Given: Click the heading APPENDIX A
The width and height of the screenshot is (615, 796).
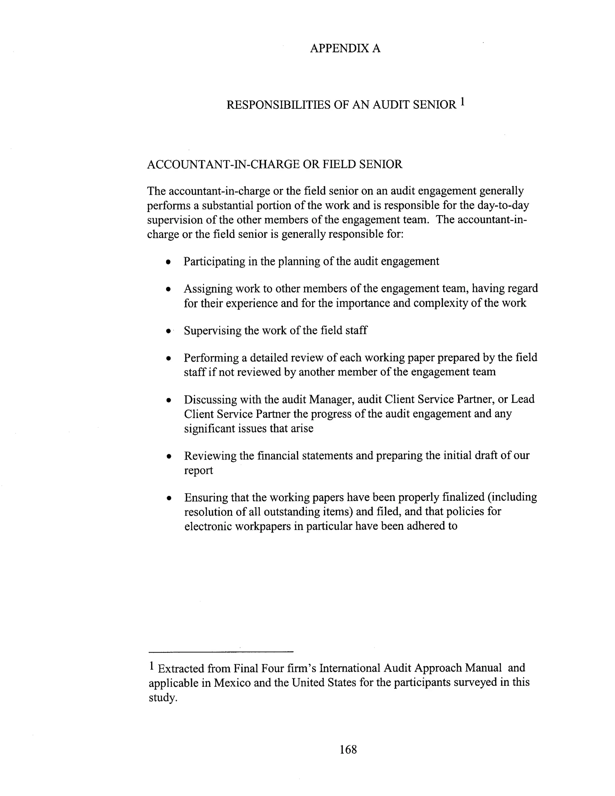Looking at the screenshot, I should pos(345,48).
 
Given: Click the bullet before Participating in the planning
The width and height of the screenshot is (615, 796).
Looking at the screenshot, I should pos(168,262).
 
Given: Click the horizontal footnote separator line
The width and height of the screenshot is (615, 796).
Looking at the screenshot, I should pos(221,651).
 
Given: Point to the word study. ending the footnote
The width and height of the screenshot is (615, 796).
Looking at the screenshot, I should pos(162,697).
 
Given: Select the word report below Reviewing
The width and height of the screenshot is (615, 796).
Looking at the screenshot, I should pos(198,470).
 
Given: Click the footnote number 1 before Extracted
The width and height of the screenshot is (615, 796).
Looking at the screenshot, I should pos(152,666).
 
